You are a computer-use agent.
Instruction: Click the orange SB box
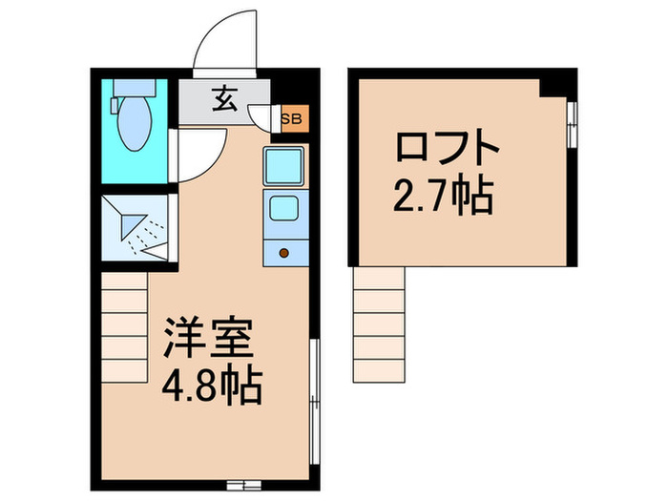pyautogui.click(x=290, y=118)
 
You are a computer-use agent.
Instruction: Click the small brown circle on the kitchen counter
pyautogui.click(x=283, y=253)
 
